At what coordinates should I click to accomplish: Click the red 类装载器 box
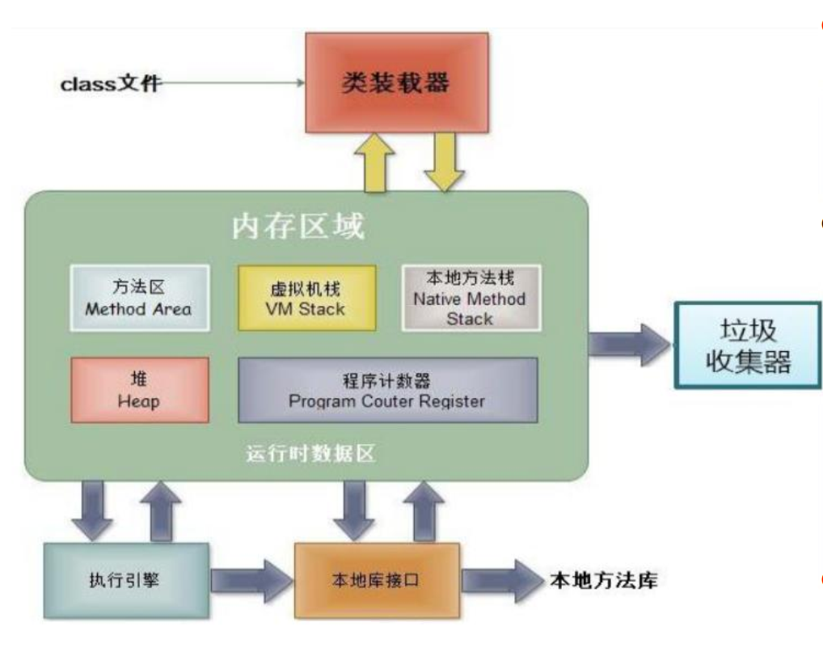coord(396,81)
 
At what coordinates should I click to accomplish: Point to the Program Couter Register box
coord(387,390)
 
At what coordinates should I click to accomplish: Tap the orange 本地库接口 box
coord(376,581)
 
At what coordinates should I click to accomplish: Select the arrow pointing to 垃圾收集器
coord(629,343)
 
